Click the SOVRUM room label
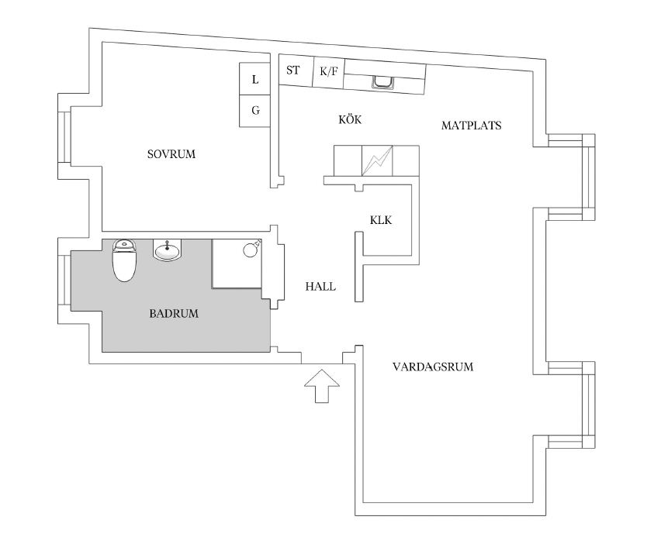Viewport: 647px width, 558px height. tap(171, 154)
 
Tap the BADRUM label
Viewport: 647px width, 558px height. tap(174, 314)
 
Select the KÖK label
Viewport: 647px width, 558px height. tap(350, 119)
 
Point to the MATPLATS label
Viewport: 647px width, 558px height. tap(471, 126)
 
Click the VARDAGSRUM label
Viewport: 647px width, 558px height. tap(433, 367)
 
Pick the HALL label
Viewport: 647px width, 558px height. tap(320, 287)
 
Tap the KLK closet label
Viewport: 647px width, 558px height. tap(381, 220)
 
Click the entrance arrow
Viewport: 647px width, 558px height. tap(322, 386)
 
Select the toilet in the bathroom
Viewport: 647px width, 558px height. tap(124, 260)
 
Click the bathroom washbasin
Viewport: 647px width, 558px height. tap(168, 250)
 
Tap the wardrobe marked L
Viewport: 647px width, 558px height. tap(255, 79)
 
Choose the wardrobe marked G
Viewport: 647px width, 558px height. tap(255, 111)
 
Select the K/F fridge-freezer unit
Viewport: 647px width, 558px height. tap(329, 73)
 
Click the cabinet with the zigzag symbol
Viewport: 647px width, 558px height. tap(377, 160)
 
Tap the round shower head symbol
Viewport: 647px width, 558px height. tap(251, 250)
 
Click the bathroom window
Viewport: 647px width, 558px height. tap(65, 281)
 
